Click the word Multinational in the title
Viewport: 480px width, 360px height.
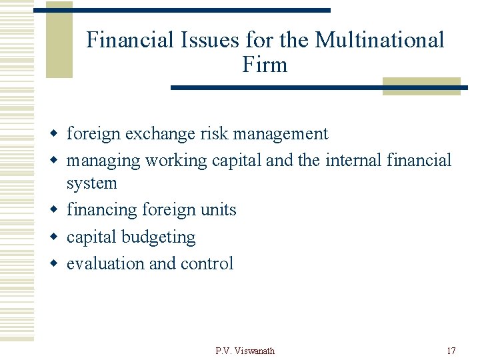[x=379, y=40]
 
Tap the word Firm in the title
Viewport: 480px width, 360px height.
[x=265, y=65]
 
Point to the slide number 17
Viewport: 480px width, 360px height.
[x=451, y=351]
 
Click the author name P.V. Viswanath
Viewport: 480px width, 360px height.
[x=245, y=351]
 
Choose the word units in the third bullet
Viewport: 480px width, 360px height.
[x=217, y=210]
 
